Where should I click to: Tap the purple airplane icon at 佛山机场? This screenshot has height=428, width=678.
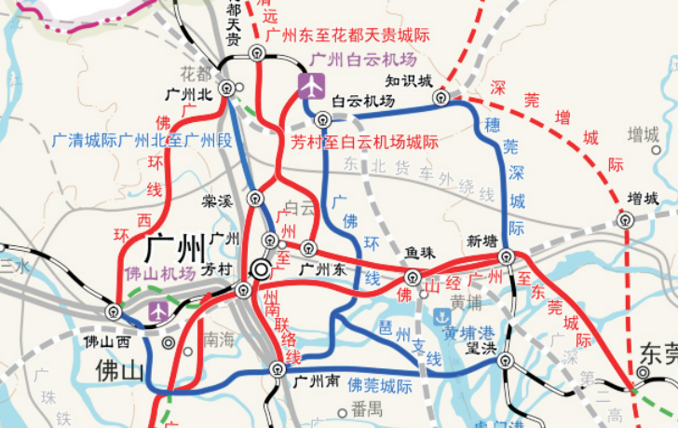tap(158, 310)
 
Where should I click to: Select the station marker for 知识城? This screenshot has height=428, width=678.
tap(441, 97)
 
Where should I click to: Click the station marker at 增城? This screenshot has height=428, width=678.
tap(626, 221)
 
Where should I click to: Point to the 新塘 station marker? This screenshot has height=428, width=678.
tap(506, 255)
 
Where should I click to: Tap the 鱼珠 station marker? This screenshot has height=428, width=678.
tap(412, 276)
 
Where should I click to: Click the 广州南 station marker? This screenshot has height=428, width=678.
tap(276, 370)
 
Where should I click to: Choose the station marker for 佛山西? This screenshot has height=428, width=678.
tap(114, 311)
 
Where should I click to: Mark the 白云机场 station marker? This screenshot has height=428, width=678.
tap(322, 118)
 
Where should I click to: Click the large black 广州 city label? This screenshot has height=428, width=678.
tap(175, 249)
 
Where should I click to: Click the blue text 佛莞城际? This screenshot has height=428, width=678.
tap(378, 384)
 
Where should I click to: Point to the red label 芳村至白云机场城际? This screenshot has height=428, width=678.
tap(365, 143)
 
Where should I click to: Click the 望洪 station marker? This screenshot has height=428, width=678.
tap(506, 361)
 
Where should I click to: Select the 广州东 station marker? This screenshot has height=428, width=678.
tap(306, 248)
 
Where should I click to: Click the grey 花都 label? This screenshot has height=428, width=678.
tap(196, 72)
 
